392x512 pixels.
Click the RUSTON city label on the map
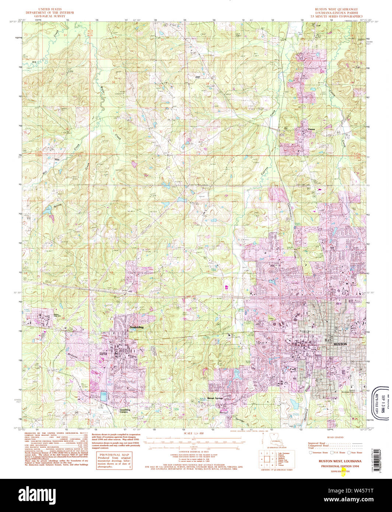[x=340, y=344]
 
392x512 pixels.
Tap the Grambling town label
[x=136, y=327]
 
